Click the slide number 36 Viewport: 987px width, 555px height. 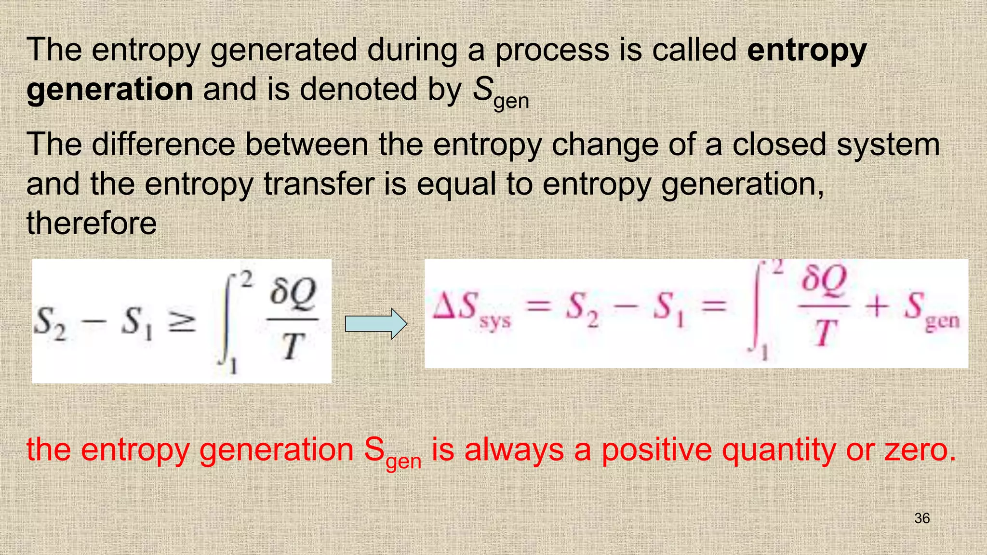(921, 518)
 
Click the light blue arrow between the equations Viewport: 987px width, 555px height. (376, 324)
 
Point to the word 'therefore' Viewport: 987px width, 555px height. (92, 224)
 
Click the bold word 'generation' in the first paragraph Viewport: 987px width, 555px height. (110, 90)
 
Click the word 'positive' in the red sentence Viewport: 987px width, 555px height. (656, 450)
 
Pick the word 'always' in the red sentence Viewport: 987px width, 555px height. (514, 450)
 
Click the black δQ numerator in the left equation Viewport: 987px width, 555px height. (293, 293)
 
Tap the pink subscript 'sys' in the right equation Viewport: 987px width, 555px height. (495, 322)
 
